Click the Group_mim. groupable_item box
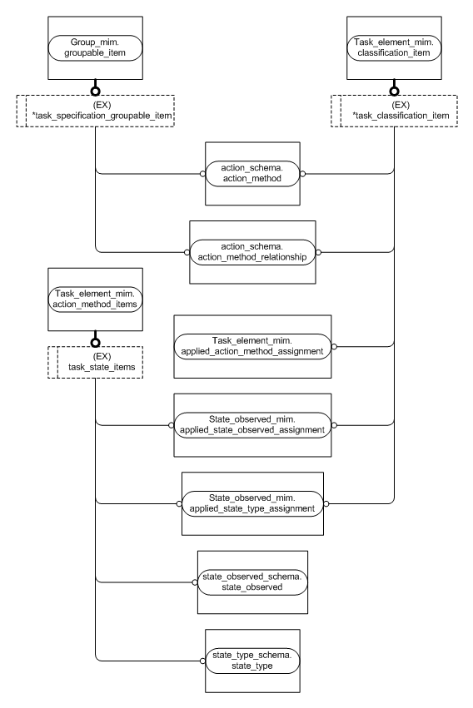[95, 47]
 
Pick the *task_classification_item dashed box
[394, 110]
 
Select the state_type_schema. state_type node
[251, 661]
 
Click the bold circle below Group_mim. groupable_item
[95, 90]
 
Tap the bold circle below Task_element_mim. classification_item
[394, 90]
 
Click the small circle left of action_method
[202, 174]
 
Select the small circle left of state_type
[202, 661]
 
